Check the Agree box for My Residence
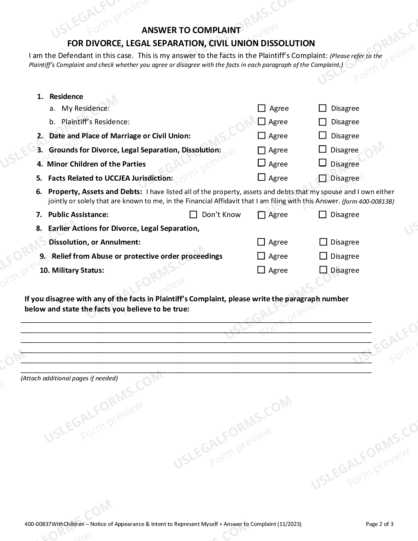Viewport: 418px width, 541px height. [261, 108]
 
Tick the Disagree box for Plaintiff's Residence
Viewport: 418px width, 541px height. [323, 122]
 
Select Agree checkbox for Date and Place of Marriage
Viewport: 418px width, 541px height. [261, 135]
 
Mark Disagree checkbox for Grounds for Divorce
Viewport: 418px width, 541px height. [323, 150]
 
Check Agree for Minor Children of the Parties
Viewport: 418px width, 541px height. [261, 163]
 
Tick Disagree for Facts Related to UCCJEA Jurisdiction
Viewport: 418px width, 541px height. [323, 178]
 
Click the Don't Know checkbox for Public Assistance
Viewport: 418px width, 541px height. [193, 215]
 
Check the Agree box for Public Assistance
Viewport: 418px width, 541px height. [261, 215]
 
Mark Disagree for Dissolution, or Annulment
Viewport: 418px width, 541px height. [323, 242]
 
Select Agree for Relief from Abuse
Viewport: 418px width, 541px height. [261, 256]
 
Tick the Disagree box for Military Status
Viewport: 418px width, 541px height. [323, 270]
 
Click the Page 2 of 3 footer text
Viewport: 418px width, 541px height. [379, 524]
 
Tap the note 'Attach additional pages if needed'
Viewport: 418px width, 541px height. [69, 378]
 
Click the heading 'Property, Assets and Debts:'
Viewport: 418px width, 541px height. [95, 192]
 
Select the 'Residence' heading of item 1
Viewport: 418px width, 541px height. [66, 96]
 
